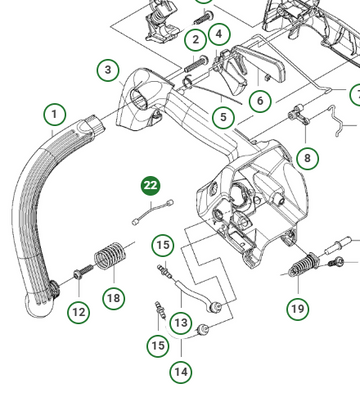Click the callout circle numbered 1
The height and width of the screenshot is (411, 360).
pyautogui.click(x=55, y=115)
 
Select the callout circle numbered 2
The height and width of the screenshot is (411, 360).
pyautogui.click(x=196, y=40)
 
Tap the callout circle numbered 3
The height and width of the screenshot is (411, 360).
pyautogui.click(x=108, y=70)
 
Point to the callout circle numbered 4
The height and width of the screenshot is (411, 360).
pyautogui.click(x=219, y=34)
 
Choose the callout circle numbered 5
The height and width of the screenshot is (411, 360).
pyautogui.click(x=223, y=117)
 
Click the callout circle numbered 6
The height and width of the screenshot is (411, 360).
pyautogui.click(x=260, y=100)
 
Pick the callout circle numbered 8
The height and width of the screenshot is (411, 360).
pyautogui.click(x=307, y=158)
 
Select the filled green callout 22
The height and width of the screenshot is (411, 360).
pyautogui.click(x=151, y=186)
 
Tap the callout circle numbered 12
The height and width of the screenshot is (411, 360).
pyautogui.click(x=79, y=312)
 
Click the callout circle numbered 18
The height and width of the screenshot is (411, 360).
pyautogui.click(x=114, y=298)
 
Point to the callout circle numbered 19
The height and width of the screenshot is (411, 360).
pyautogui.click(x=298, y=309)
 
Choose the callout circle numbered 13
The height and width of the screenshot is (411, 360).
pyautogui.click(x=181, y=323)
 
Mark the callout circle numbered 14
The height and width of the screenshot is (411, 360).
pyautogui.click(x=181, y=372)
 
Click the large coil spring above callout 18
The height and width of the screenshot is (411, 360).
pyautogui.click(x=110, y=255)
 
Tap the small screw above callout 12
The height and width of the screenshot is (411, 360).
pyautogui.click(x=83, y=271)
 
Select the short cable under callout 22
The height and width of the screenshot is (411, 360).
pyautogui.click(x=153, y=212)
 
